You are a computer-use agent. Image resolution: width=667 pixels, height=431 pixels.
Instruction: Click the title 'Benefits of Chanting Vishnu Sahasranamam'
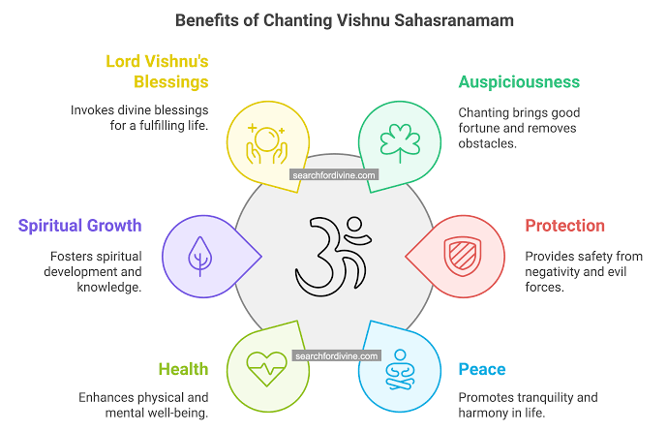point(333,19)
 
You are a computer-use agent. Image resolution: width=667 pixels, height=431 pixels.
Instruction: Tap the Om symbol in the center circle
point(333,254)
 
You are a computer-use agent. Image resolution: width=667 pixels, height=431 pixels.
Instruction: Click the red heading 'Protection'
point(564,226)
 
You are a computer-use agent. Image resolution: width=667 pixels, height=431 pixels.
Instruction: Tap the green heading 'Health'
point(183,369)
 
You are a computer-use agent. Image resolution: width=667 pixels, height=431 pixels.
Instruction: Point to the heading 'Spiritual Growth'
point(80,226)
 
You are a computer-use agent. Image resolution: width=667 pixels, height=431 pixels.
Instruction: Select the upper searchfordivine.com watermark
point(334,175)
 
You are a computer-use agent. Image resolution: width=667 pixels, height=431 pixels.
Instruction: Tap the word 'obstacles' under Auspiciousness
point(488,143)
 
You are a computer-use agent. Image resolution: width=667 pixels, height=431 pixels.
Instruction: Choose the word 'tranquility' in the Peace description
point(564,397)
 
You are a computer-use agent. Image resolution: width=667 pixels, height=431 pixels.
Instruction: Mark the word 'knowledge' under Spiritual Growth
point(108,288)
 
